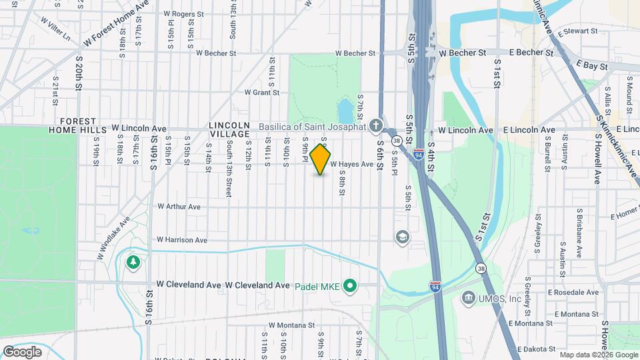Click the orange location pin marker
pyautogui.click(x=320, y=159)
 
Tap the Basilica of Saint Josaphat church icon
pyautogui.click(x=376, y=126)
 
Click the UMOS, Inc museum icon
pyautogui.click(x=467, y=297)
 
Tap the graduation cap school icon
pyautogui.click(x=402, y=237)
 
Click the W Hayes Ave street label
pyautogui.click(x=351, y=164)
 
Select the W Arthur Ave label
pyautogui.click(x=179, y=207)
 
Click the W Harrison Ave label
pyautogui.click(x=182, y=240)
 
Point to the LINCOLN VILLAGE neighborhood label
pyautogui.click(x=229, y=129)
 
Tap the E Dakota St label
pyautogui.click(x=535, y=349)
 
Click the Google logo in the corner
pyautogui.click(x=22, y=351)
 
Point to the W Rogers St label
pyautogui.click(x=183, y=13)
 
